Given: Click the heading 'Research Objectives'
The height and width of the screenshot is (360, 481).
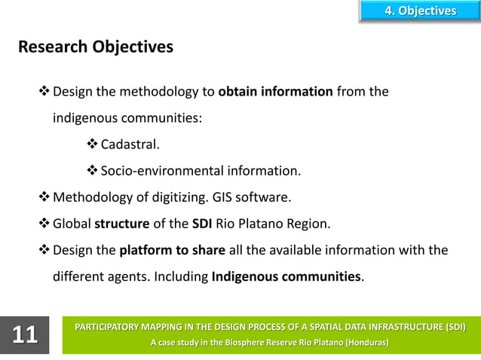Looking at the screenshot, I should click(95, 47).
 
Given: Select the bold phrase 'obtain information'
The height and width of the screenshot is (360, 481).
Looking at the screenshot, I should click(275, 93).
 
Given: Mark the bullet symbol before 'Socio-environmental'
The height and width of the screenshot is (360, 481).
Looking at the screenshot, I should click(93, 171).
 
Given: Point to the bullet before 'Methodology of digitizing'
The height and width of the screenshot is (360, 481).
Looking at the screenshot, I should click(44, 197).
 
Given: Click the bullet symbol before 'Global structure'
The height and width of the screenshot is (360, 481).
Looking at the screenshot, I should click(44, 224).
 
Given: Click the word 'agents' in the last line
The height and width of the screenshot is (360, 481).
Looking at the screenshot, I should click(127, 276).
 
